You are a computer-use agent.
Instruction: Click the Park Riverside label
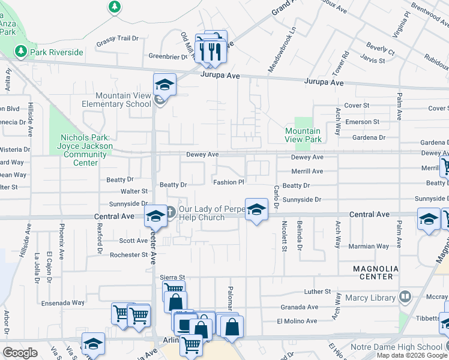56,52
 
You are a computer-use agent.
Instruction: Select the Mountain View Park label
303,135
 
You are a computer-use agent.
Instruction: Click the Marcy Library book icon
405,296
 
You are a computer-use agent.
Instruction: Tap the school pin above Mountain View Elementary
164,85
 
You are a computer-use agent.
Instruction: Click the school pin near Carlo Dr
256,210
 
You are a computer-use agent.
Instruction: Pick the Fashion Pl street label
229,182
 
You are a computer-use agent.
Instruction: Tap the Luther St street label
318,292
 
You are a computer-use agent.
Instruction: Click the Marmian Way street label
369,247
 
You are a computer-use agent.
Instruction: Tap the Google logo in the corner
20,353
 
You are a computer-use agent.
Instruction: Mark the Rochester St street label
128,255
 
